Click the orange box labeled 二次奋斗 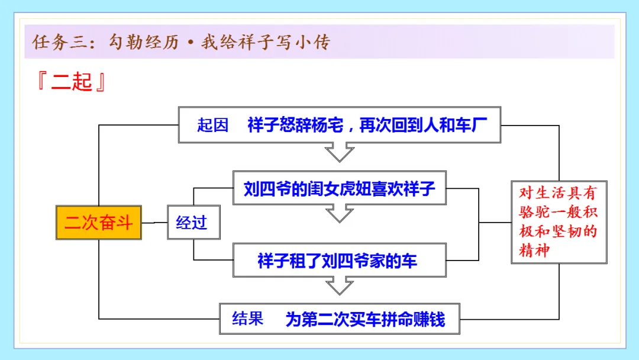coord(99,223)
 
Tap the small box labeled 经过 coord(192,223)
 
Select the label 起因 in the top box coord(212,126)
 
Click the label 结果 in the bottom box coord(248,319)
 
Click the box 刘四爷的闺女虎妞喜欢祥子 coord(340,189)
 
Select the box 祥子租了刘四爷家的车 coord(340,261)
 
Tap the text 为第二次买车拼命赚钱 coord(365,320)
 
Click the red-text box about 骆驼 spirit coord(559,222)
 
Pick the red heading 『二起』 coord(71,82)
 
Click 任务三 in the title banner coord(60,43)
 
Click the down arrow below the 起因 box coord(340,153)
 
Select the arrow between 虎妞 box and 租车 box coord(340,213)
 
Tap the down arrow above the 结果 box coord(340,287)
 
